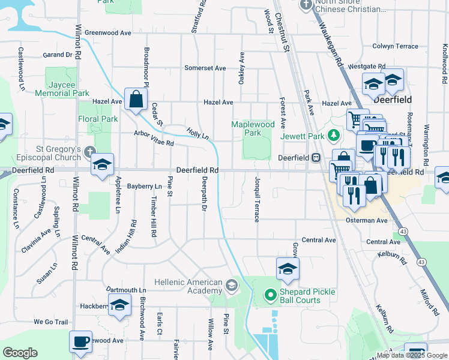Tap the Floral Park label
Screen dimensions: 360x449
click(98, 119)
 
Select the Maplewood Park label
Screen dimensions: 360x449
click(253, 128)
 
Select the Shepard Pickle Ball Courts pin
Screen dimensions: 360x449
click(270, 294)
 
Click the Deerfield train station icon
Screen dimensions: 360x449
click(315, 157)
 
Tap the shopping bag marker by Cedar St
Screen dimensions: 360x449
click(136, 99)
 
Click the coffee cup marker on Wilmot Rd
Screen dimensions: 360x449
click(80, 342)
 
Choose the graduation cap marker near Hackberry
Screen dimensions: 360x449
click(119, 305)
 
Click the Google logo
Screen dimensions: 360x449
click(20, 353)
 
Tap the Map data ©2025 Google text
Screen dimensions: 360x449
click(412, 355)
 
